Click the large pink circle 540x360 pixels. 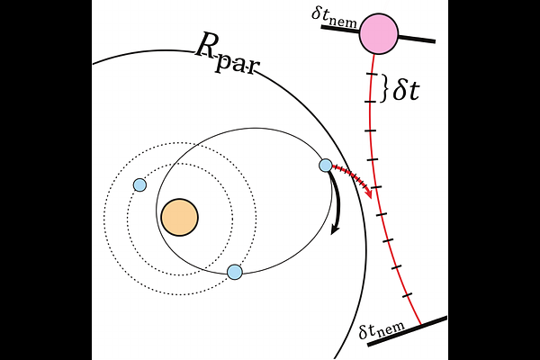pos(379,34)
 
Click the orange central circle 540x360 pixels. pos(179,217)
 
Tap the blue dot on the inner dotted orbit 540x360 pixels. pos(139,184)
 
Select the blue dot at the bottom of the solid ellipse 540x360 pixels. pos(235,272)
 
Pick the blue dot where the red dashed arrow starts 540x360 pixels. pos(326,165)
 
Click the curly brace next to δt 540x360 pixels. pos(384,88)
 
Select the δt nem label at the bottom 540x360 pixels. pos(378,332)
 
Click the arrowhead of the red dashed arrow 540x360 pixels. pos(368,193)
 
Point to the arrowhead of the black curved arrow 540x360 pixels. pos(335,231)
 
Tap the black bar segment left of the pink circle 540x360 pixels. pos(340,28)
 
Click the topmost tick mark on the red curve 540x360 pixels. pos(369,76)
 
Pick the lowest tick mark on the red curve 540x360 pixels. pos(407,294)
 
